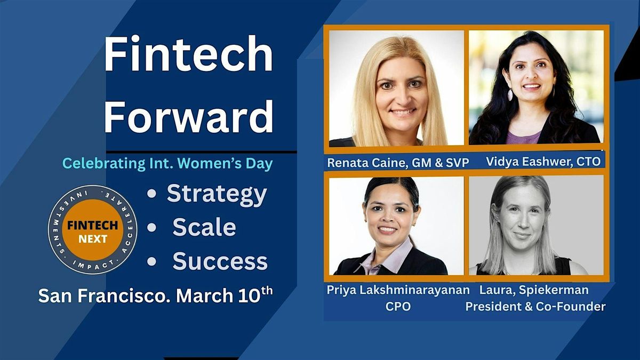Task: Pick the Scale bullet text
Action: point(204,227)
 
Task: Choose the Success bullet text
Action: point(220,261)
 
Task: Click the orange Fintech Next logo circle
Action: point(93,230)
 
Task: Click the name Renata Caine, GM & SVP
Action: point(398,163)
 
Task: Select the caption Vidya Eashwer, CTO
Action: point(543,162)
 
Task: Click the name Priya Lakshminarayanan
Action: point(398,290)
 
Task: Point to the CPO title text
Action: point(398,307)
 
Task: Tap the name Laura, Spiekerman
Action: point(534,290)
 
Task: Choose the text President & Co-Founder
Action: point(535,307)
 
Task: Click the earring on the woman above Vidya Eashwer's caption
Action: point(510,94)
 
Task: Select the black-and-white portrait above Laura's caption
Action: point(537,226)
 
